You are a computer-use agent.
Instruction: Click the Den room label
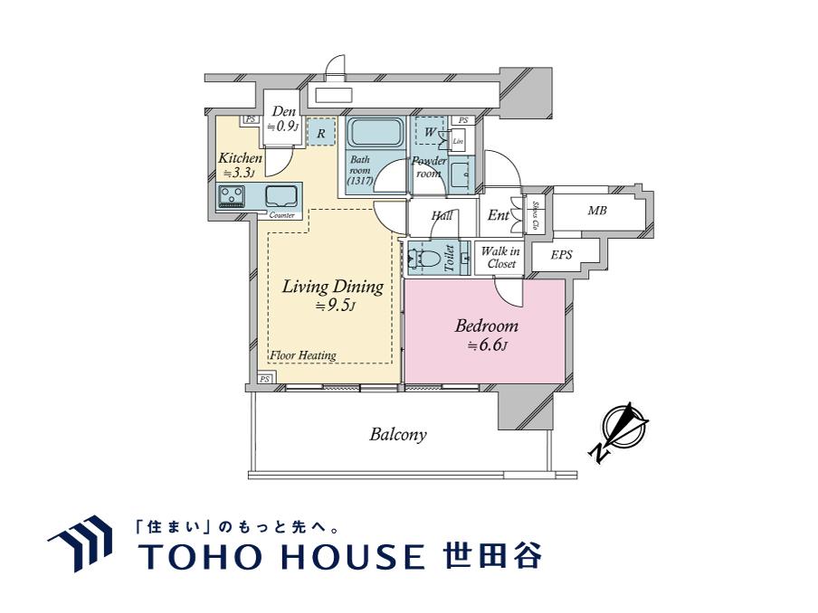pyautogui.click(x=284, y=112)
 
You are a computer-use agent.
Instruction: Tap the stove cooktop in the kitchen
pyautogui.click(x=232, y=195)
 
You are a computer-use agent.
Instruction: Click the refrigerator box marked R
pyautogui.click(x=319, y=132)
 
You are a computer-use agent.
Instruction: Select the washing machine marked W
pyautogui.click(x=429, y=132)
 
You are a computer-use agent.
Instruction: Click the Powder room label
pyautogui.click(x=429, y=167)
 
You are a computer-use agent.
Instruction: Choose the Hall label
pyautogui.click(x=442, y=216)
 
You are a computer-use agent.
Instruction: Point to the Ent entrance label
pyautogui.click(x=498, y=215)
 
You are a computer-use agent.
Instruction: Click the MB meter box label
pyautogui.click(x=596, y=212)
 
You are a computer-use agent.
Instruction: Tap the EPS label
pyautogui.click(x=562, y=256)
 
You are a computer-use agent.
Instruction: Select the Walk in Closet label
pyautogui.click(x=499, y=258)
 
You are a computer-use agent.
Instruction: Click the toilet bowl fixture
pyautogui.click(x=428, y=259)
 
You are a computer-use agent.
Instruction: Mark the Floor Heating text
pyautogui.click(x=303, y=355)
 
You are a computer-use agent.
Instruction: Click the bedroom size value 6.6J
pyautogui.click(x=487, y=346)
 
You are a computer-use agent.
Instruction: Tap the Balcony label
pyautogui.click(x=398, y=435)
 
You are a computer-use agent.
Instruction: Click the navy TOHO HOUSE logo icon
pyautogui.click(x=81, y=542)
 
